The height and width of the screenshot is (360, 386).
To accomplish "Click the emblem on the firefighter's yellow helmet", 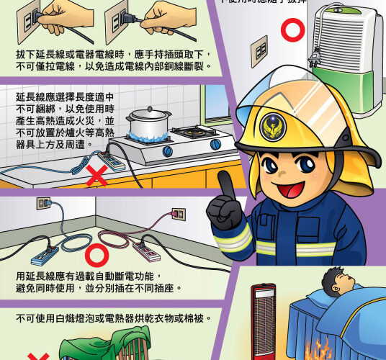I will coord(272,123).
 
